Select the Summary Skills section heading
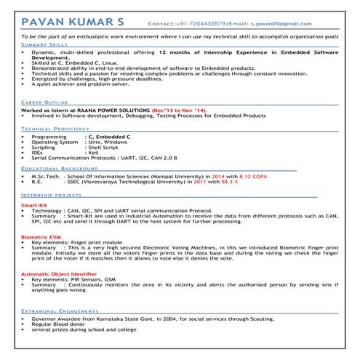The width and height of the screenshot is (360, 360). tap(41, 45)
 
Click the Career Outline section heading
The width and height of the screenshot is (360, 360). tap(45, 103)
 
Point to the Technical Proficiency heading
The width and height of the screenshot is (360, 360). tap(55, 128)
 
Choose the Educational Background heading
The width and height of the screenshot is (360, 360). tap(60, 168)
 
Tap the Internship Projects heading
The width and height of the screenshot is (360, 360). tap(52, 196)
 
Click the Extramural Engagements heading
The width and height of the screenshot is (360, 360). tap(60, 310)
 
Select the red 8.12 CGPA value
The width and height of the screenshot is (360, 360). tap(255, 176)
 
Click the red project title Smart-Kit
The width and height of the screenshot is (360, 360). tap(34, 206)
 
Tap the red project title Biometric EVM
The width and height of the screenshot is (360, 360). tap(39, 237)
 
